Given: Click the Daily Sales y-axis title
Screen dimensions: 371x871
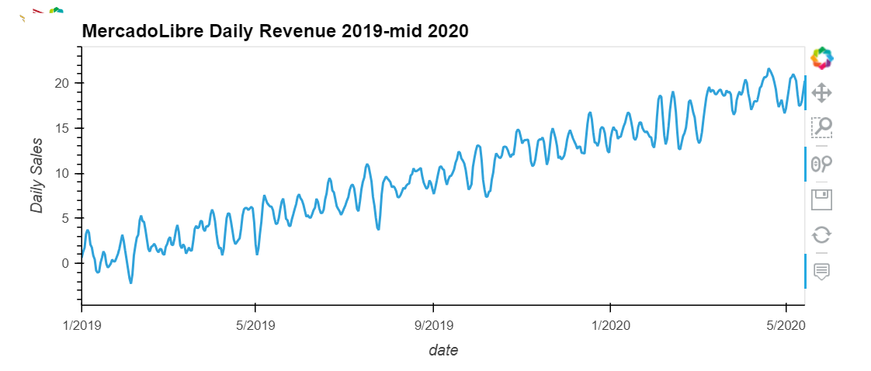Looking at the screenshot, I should (x=36, y=175).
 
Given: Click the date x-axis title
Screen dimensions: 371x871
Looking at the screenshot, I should (x=443, y=350).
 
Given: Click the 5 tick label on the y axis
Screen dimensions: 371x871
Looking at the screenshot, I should (x=67, y=218).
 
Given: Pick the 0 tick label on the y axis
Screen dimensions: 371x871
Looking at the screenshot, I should (x=67, y=263).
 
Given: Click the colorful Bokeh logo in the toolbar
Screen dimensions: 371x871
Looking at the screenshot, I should (x=821, y=57).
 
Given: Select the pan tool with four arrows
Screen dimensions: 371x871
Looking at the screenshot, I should (x=821, y=93).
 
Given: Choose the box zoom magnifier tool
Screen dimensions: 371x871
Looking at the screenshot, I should (x=821, y=127).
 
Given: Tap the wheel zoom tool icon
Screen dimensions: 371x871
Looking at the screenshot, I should (x=821, y=163).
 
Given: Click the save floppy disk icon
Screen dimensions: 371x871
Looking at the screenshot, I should (x=821, y=199).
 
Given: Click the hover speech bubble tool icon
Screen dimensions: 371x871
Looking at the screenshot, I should (x=821, y=271).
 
